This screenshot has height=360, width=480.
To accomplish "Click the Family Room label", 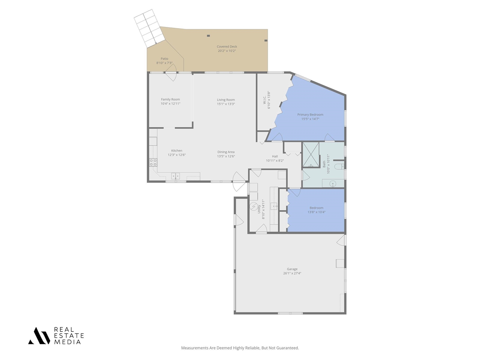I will coord(170,99).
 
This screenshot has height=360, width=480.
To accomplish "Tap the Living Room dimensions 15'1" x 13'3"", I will coord(226,104).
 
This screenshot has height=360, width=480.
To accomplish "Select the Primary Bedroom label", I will coord(310,115).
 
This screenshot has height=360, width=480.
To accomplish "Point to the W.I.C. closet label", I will coord(265,100).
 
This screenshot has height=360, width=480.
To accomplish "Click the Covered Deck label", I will coord(227,46).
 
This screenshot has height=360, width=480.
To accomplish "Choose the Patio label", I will coord(164,58).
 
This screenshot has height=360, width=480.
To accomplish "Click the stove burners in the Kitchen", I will coord(153,162).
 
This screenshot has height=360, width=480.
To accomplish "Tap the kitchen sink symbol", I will coord(175,176).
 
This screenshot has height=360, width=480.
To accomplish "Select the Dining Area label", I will coord(226,152).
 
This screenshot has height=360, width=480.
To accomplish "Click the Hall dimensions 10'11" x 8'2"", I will coord(275,160).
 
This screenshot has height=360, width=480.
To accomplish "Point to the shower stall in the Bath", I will coord(311,154).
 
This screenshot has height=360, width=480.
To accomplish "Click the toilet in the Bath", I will coord(339,166).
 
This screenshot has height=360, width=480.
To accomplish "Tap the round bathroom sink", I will coord(332,184).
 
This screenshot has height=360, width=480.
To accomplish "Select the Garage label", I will coord(292,269).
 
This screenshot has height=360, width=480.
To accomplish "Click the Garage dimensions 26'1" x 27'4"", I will coord(292,273).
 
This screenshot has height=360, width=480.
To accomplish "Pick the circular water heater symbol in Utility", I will coord(254,206).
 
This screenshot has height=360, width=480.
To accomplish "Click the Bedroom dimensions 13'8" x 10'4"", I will coord(316,212).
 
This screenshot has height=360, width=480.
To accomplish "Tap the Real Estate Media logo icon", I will coord(39,336).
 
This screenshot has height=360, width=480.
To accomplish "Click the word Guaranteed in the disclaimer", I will coord(287,348).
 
